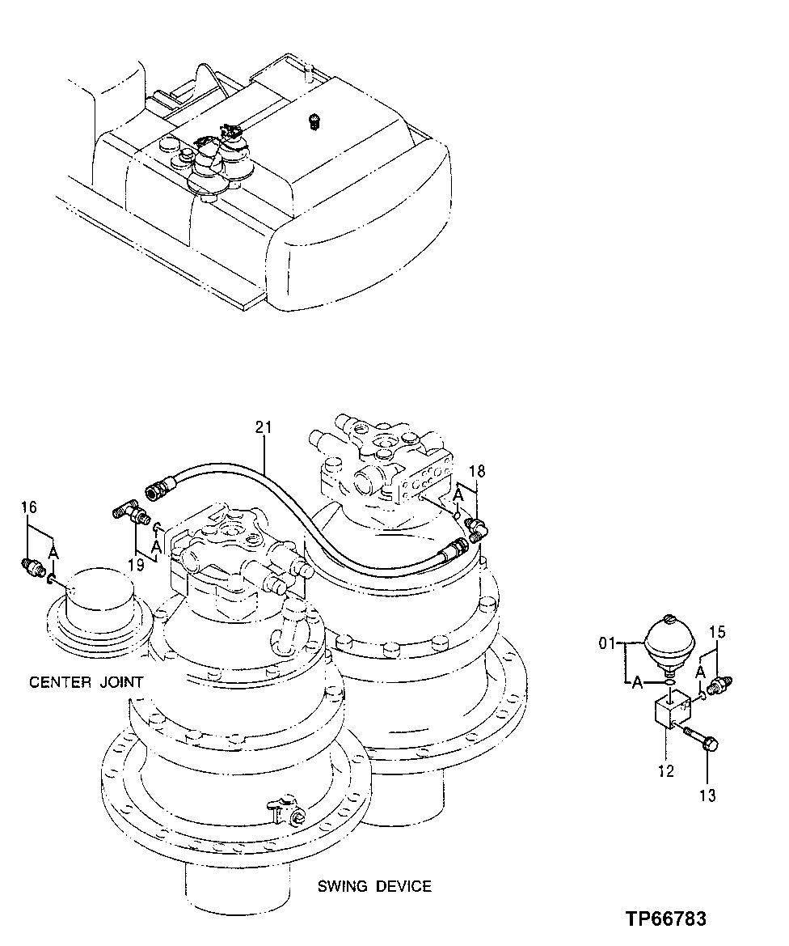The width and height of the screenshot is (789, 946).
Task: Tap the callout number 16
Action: pos(29,507)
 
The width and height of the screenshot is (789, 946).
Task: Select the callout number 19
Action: pos(136,564)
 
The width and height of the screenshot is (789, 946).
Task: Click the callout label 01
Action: pos(608,645)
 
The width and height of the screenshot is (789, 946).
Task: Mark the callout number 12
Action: pos(665,771)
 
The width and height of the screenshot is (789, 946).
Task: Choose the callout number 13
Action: pos(707,795)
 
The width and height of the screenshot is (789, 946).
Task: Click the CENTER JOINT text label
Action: pos(86,682)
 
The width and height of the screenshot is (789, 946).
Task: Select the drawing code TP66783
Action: pos(665,919)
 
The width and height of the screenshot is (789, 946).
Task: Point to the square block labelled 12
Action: pos(671,712)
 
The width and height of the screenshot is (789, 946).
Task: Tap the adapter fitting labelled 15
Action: pos(719,684)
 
